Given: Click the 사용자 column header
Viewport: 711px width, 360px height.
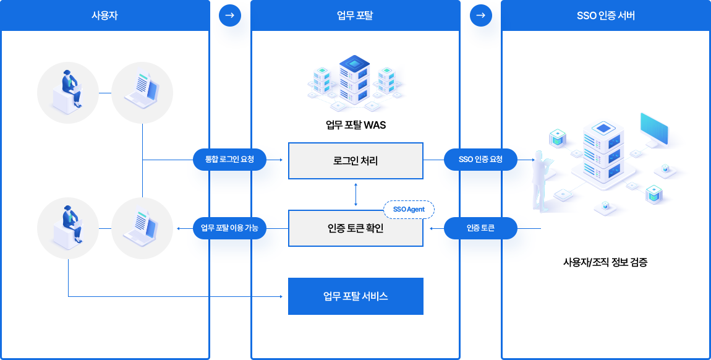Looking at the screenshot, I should [x=104, y=15].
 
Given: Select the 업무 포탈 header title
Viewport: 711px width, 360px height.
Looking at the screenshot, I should [x=355, y=15].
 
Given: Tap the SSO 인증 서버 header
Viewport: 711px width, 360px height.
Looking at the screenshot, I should [x=605, y=15].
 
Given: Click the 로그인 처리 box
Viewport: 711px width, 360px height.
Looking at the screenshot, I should [x=355, y=161].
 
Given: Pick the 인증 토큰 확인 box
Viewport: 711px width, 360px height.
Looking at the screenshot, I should [x=355, y=228].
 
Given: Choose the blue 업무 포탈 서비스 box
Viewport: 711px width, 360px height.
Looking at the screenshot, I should [x=355, y=296].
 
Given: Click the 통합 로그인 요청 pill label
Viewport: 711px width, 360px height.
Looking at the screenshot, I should [x=231, y=160].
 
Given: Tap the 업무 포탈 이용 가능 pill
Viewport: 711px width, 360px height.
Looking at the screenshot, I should [x=230, y=228].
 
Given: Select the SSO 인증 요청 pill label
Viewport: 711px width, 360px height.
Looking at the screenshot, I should [x=480, y=160].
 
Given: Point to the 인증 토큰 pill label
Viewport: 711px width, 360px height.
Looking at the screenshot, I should [x=480, y=229].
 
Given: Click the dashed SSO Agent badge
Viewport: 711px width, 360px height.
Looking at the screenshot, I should [x=409, y=210].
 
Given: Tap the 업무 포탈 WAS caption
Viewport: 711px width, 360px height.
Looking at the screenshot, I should [x=355, y=126].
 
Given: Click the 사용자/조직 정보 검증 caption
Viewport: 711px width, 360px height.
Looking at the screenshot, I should [x=605, y=262].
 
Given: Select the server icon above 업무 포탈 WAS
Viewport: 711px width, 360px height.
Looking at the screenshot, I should [x=355, y=80].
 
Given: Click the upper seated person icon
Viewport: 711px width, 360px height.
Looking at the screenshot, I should [x=68, y=93].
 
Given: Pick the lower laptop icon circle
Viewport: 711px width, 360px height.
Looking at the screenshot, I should [x=142, y=228].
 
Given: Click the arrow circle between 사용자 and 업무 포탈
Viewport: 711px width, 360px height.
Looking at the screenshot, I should [x=230, y=15].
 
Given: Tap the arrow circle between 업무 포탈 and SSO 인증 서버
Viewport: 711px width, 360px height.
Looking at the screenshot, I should [x=480, y=15].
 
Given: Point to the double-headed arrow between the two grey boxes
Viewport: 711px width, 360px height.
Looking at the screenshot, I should [x=355, y=194].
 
